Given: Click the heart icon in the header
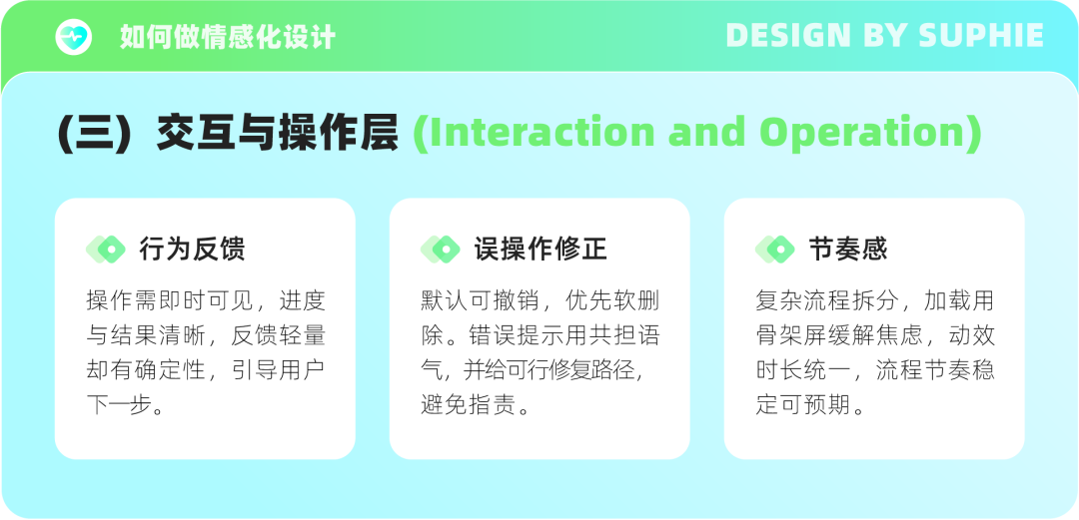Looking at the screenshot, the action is tap(74, 37).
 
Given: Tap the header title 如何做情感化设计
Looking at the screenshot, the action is tap(228, 37).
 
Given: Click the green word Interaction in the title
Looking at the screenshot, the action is tap(534, 132).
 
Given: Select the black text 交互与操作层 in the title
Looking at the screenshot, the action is tap(278, 132).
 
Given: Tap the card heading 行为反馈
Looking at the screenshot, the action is tap(192, 249).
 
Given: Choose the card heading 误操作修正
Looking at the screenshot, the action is tap(540, 249).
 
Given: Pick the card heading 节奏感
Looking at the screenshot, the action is tap(848, 249).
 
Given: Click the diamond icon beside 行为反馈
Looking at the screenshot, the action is tap(105, 249).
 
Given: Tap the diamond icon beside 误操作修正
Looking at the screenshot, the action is tap(441, 249).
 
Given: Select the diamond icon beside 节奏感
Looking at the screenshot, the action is tap(775, 249).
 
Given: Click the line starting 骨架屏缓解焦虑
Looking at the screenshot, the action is tap(875, 335).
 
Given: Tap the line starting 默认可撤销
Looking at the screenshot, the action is tap(540, 300).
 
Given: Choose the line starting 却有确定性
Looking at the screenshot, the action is tap(206, 370).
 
